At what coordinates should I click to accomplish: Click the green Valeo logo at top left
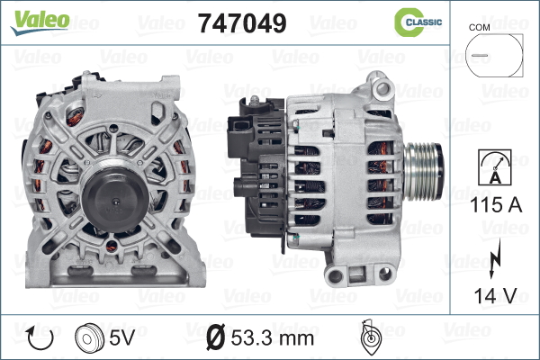point(40,22)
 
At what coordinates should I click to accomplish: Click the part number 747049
point(242,23)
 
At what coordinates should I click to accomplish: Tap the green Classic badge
point(418,22)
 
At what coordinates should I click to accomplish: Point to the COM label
point(479,28)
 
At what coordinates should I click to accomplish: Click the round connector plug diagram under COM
point(494,55)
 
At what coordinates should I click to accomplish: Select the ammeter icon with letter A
point(495,167)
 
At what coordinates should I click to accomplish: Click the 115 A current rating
point(496,205)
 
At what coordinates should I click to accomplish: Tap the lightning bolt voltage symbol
point(495,258)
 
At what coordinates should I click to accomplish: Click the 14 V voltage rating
point(496,295)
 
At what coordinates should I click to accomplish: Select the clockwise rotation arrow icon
point(40,338)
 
